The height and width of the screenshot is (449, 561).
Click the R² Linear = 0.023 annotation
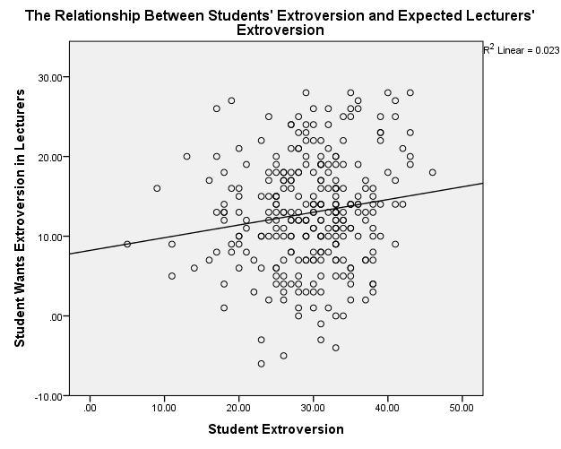[522, 51]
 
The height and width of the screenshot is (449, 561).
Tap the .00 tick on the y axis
[55, 316]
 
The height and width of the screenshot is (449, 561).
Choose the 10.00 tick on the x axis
[164, 409]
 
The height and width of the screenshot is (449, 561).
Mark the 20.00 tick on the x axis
[238, 409]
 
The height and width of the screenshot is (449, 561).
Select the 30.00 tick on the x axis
[313, 409]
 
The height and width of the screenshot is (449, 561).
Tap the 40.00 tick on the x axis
[387, 409]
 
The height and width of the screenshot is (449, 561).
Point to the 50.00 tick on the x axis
[462, 409]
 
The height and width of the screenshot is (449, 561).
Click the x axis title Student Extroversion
[276, 429]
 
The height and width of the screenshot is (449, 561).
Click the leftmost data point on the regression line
[127, 244]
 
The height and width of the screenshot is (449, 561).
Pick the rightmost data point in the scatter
[432, 172]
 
